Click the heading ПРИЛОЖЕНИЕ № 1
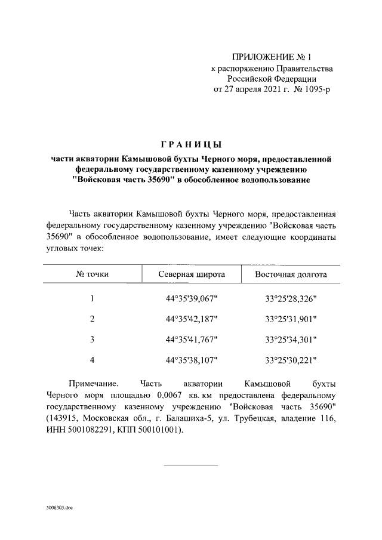pyautogui.click(x=272, y=57)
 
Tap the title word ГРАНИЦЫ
pyautogui.click(x=192, y=145)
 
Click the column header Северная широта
pyautogui.click(x=191, y=275)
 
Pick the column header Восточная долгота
pyautogui.click(x=291, y=275)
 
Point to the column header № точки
pyautogui.click(x=92, y=275)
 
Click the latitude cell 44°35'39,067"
pyautogui.click(x=192, y=298)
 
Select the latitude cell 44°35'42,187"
pyautogui.click(x=192, y=319)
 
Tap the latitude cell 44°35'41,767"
pyautogui.click(x=192, y=339)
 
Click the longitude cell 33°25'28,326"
pyautogui.click(x=291, y=298)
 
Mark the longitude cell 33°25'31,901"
pyautogui.click(x=291, y=319)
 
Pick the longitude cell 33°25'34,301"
pyautogui.click(x=291, y=339)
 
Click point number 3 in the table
pyautogui.click(x=93, y=339)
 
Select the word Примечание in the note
pyautogui.click(x=94, y=384)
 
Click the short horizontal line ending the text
pyautogui.click(x=191, y=465)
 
